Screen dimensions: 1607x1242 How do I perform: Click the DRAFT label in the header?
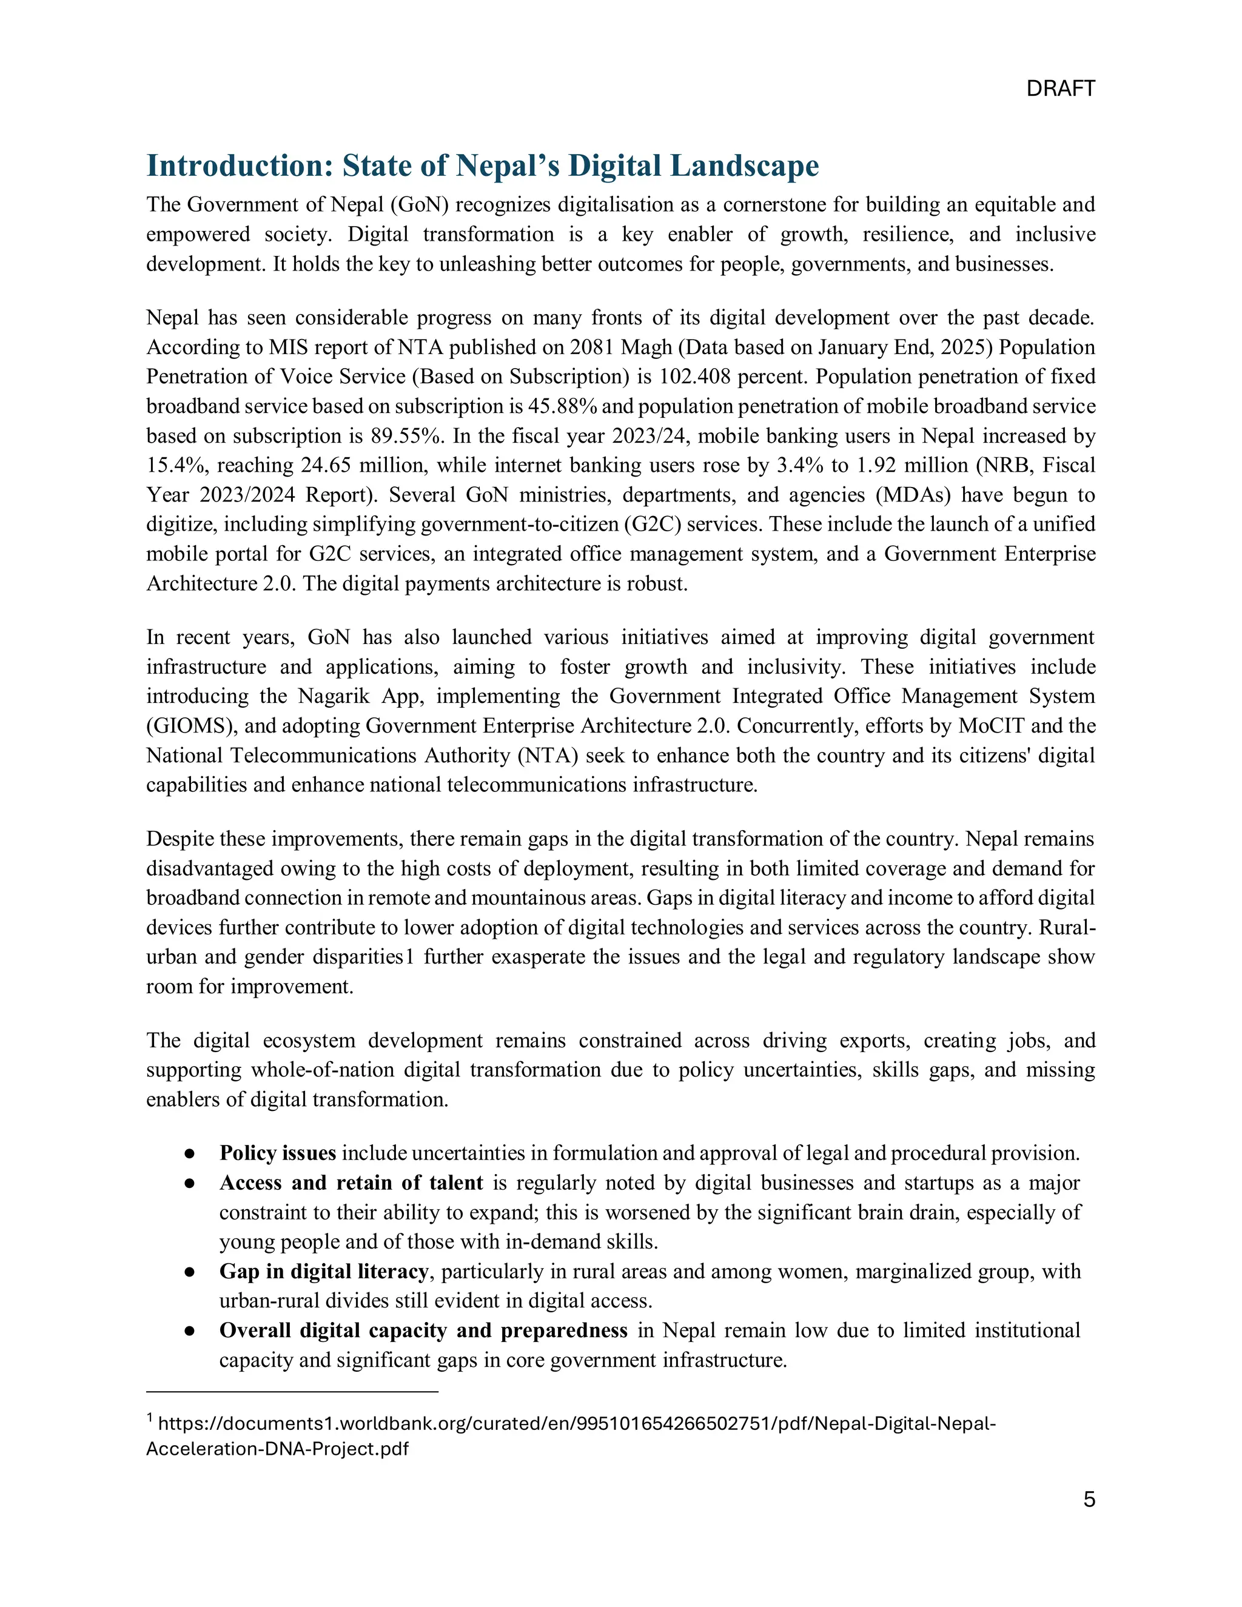(x=1060, y=89)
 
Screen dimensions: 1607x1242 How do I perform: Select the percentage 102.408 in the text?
(x=694, y=377)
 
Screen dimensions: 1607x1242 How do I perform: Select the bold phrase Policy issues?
(x=277, y=1153)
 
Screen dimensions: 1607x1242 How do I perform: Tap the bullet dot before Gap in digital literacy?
(x=189, y=1272)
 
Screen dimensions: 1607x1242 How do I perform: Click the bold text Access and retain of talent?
(x=351, y=1183)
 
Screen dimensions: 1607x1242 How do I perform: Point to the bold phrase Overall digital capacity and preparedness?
(x=423, y=1330)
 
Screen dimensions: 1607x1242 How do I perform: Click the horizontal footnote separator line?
(x=292, y=1391)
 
